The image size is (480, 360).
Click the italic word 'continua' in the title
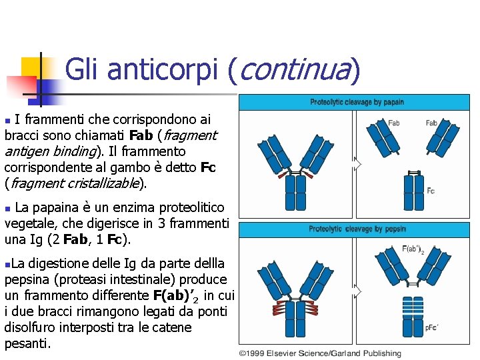tap(293, 69)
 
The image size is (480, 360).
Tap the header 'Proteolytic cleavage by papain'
tap(357, 102)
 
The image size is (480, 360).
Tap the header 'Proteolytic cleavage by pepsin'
tap(357, 229)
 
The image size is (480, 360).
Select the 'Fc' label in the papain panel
tap(431, 191)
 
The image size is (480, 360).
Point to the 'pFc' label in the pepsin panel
tap(431, 327)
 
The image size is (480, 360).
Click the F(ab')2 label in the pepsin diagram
tap(412, 251)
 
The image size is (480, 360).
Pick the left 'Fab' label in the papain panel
tap(393, 123)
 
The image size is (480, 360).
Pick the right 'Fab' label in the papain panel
tap(431, 123)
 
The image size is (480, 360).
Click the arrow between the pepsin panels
tap(358, 291)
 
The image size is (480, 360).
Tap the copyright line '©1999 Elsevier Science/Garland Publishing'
tap(321, 353)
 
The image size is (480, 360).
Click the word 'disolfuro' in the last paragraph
tap(31, 328)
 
